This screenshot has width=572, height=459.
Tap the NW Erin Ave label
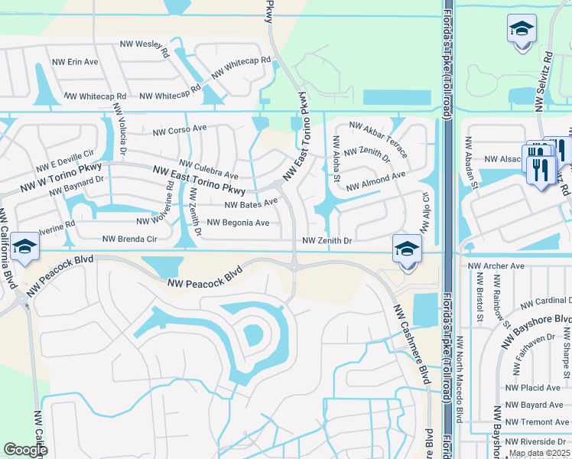pyautogui.click(x=75, y=61)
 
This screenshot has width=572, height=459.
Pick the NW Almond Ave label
pyautogui.click(x=375, y=181)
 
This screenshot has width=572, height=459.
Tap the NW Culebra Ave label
pyautogui.click(x=209, y=169)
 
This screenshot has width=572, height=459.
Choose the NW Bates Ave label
pyautogui.click(x=251, y=203)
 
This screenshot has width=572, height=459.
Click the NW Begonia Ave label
pyautogui.click(x=239, y=223)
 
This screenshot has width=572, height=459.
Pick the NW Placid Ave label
pyautogui.click(x=533, y=389)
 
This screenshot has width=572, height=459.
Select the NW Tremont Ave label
pyautogui.click(x=538, y=422)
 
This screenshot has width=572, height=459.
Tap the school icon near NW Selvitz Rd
pyautogui.click(x=522, y=29)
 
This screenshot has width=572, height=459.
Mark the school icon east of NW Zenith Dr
pyautogui.click(x=407, y=249)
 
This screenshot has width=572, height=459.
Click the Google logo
pyautogui.click(x=25, y=450)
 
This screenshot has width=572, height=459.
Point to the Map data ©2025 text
pyautogui.click(x=540, y=453)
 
